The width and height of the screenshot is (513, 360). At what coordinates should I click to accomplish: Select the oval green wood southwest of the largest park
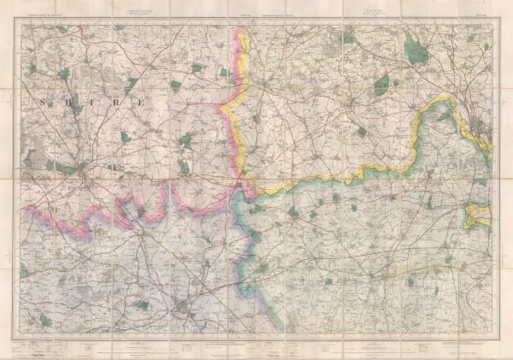pyautogui.click(x=381, y=85)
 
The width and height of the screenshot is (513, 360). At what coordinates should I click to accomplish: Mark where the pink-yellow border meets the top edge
pyautogui.click(x=243, y=27)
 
